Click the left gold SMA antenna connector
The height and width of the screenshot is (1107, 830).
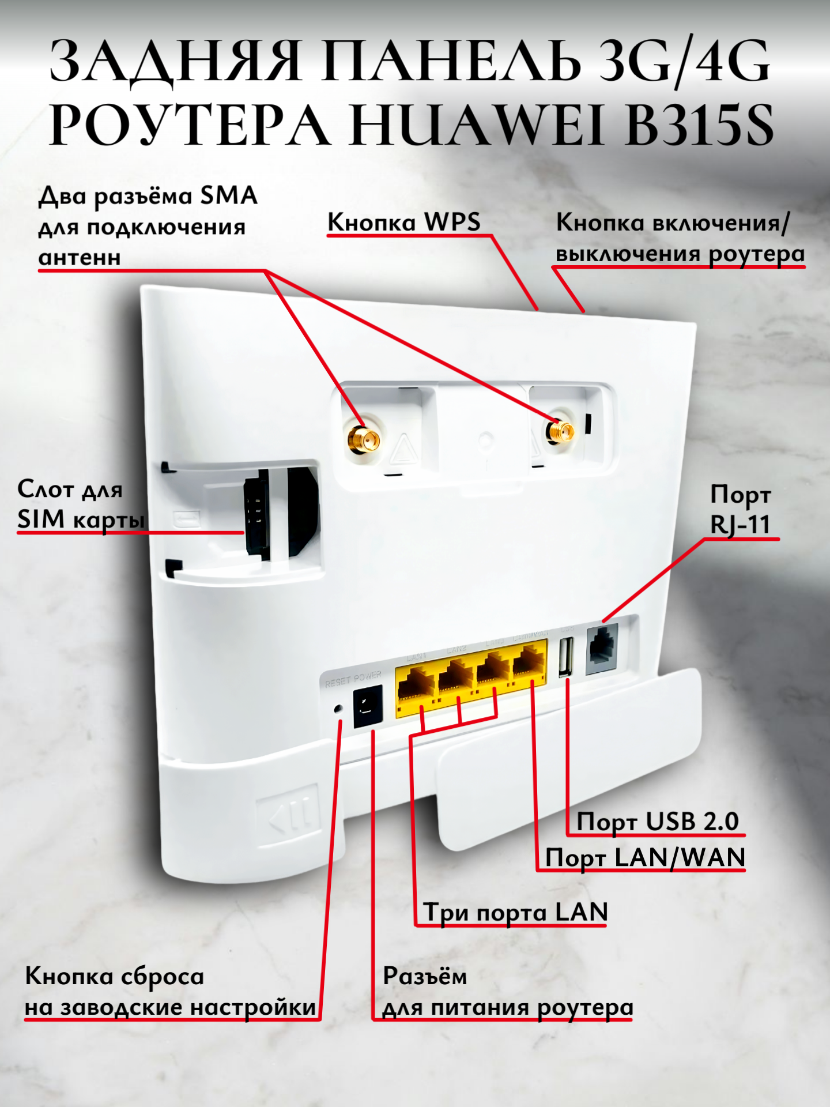click(363, 439)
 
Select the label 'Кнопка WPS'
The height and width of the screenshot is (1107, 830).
click(403, 223)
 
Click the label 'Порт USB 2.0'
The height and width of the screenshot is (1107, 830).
click(658, 821)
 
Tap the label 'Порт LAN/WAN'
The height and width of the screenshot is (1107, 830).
click(645, 857)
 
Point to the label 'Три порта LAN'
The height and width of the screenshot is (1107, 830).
click(516, 912)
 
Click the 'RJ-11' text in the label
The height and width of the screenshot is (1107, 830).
click(740, 525)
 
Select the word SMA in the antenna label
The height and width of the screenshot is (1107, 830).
click(228, 196)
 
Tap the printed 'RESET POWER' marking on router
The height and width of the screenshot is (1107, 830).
click(353, 679)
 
